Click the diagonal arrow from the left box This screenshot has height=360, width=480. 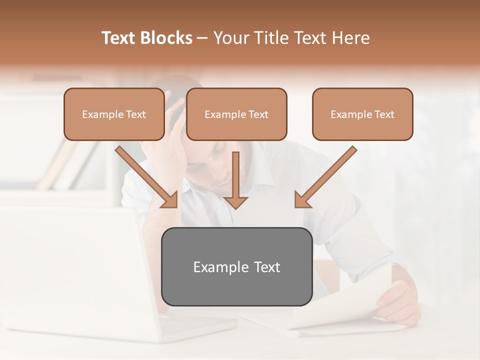point(145,175)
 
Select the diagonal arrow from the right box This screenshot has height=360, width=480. point(327,175)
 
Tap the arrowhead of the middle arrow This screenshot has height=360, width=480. point(235,202)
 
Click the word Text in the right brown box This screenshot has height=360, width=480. point(384,114)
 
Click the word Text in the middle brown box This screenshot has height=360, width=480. point(258,114)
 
